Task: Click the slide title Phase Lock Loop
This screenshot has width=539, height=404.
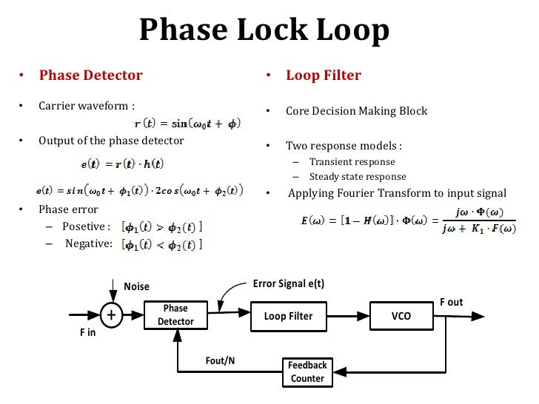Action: pos(264,30)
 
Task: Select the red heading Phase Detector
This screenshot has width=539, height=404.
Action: pos(90,75)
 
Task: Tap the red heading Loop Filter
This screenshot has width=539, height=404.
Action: pos(323,75)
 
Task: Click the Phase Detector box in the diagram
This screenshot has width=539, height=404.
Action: pos(175,314)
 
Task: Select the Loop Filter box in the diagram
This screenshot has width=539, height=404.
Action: pos(288,316)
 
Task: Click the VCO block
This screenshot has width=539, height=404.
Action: pos(401,316)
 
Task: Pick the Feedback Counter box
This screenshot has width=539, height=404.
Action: pos(307,371)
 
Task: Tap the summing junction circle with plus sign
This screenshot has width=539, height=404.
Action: pos(111,315)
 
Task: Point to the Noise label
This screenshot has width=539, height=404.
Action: pos(136,286)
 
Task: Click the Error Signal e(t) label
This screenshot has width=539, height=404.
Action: pos(289,283)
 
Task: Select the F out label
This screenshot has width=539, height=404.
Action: pos(451,302)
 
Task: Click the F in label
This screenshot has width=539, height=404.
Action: pos(88,332)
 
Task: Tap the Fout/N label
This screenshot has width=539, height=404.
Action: pos(220,360)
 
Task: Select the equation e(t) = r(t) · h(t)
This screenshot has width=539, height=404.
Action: pos(122,162)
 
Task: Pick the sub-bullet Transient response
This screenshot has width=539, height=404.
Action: pos(352,161)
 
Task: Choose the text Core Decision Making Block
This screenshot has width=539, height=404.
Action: pos(356,111)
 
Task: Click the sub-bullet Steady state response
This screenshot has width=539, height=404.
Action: pos(357,176)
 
